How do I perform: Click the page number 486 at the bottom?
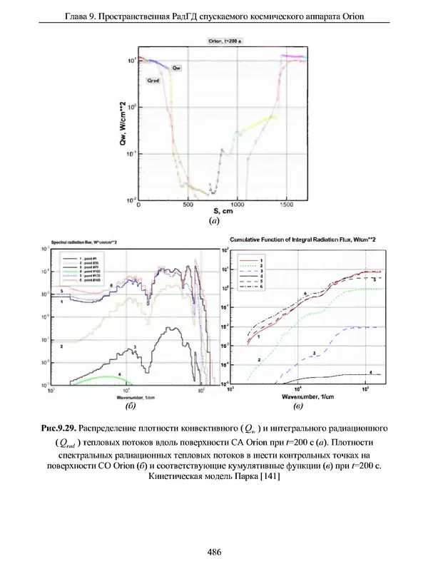(213, 551)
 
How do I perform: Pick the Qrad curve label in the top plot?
(153, 81)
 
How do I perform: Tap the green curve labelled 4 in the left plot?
(107, 377)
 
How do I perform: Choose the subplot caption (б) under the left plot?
(130, 407)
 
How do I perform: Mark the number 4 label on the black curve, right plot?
(370, 372)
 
